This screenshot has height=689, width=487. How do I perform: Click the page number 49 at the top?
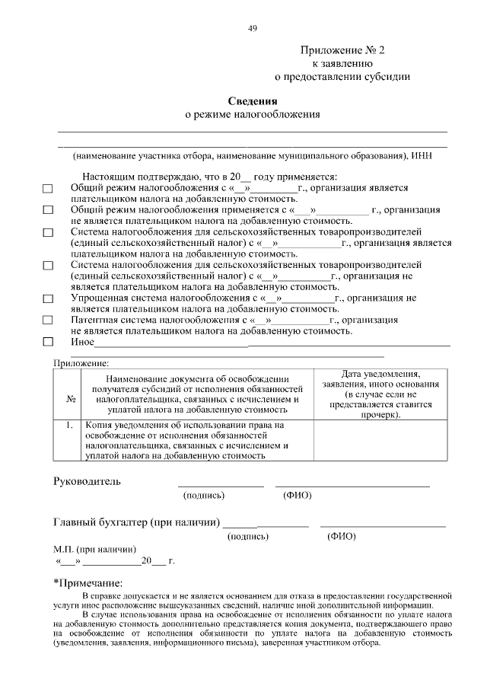tap(253, 28)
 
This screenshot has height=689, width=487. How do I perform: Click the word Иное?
tap(82, 342)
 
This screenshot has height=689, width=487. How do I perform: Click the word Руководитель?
tap(87, 481)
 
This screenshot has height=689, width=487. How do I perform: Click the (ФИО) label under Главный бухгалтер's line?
tap(342, 536)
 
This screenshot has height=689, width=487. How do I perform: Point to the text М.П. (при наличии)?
tap(95, 549)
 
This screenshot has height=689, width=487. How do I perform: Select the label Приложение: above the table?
tap(81, 363)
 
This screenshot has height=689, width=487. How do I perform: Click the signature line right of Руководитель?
tap(221, 485)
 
